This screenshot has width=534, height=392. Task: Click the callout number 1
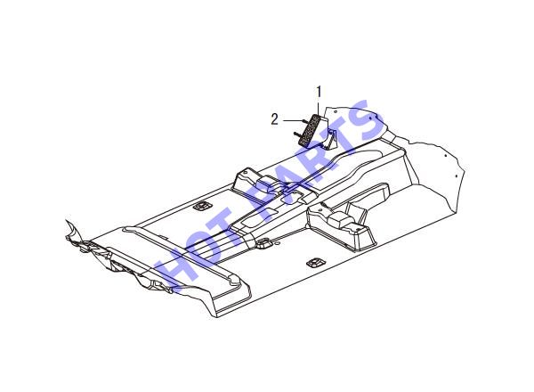(x=320, y=92)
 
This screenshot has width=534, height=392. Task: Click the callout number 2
(x=274, y=120)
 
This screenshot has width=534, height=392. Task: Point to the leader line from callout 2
(x=292, y=120)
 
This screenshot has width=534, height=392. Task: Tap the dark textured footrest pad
(x=311, y=130)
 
